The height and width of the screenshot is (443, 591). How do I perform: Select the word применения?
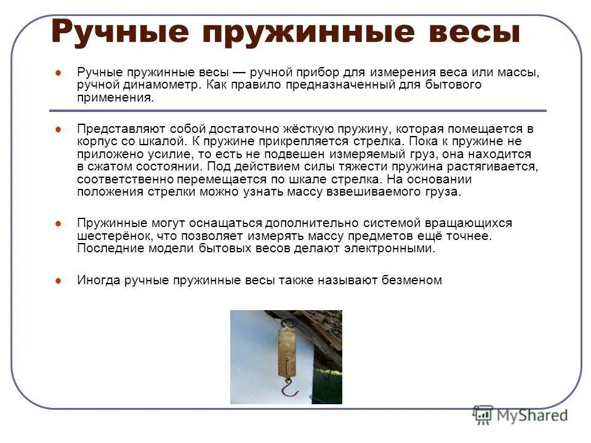coord(115,97)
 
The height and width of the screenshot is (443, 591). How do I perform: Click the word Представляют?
coord(116,129)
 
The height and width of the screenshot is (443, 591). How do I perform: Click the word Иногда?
coord(98,280)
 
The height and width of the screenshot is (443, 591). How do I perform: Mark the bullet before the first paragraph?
coord(58,73)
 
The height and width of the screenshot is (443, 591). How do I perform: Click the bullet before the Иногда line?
coord(58,281)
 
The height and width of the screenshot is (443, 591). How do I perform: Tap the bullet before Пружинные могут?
coord(58,223)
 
